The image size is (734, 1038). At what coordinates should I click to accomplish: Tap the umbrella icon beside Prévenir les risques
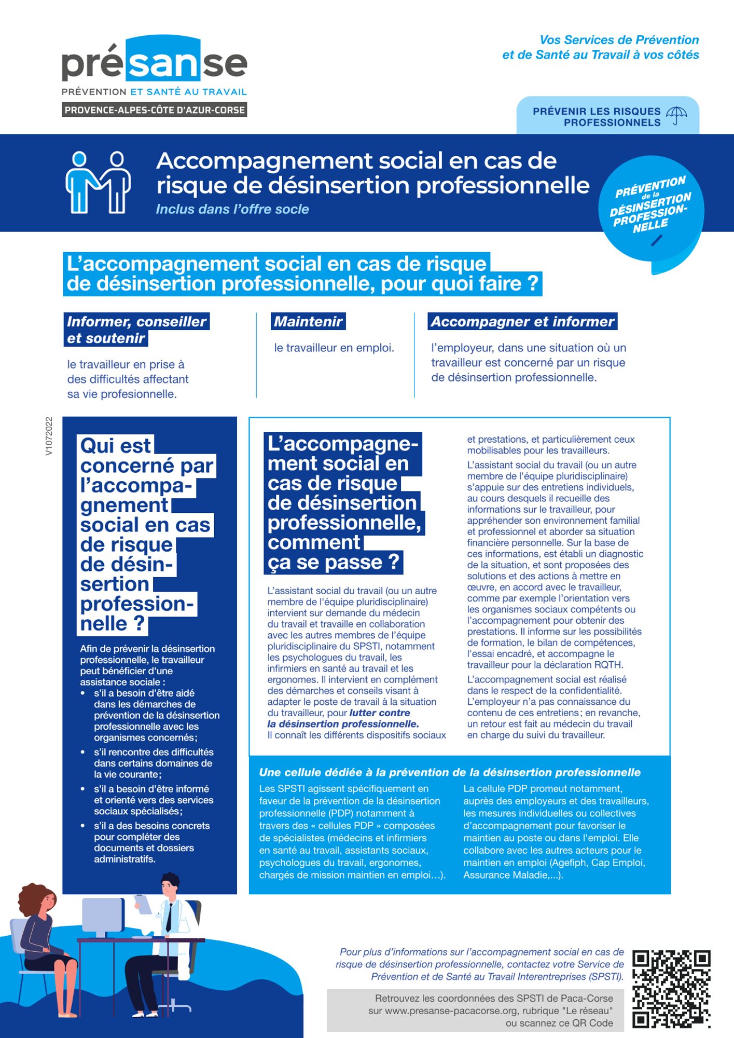[x=676, y=115]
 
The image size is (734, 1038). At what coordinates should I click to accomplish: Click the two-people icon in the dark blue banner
[x=98, y=182]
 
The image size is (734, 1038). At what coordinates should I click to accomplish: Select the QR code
[x=671, y=989]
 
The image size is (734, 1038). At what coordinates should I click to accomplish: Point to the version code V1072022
[x=49, y=436]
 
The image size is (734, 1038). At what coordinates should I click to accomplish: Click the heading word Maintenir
[x=308, y=322]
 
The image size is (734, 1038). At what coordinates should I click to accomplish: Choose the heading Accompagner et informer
[x=522, y=322]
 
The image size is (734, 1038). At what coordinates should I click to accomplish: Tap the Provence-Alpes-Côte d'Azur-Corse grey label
[x=154, y=110]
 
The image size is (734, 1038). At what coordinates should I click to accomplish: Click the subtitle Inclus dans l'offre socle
[x=232, y=209]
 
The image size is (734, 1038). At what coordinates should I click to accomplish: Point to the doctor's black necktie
[x=169, y=917]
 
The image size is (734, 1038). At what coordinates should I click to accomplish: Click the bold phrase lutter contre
[x=380, y=713]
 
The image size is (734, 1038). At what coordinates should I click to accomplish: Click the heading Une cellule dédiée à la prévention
[x=449, y=772]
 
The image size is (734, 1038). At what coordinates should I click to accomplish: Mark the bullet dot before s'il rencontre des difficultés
[x=83, y=752]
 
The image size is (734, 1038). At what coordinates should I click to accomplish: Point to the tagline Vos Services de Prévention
[x=619, y=40]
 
